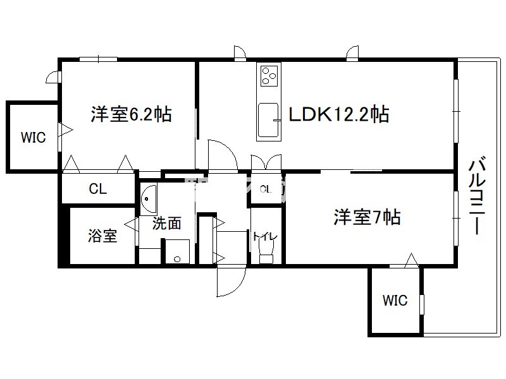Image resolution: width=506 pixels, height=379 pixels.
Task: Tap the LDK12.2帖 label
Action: coord(338,114)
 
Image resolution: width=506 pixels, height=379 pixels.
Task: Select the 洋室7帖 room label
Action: coord(367,217)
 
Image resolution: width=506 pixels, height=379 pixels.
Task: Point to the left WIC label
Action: coord(33,138)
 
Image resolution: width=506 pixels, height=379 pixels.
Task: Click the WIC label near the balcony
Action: coord(395,301)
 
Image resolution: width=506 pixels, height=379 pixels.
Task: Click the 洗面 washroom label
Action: coord(167,222)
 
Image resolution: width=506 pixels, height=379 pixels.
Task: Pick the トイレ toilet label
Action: coord(265,237)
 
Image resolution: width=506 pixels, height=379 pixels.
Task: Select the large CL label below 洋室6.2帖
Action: coord(97,188)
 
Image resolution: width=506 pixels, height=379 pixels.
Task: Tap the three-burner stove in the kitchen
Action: coord(268,75)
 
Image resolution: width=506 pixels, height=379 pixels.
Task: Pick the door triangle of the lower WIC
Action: coord(411,260)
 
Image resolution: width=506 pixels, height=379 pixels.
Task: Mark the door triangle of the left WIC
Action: coord(66,131)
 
